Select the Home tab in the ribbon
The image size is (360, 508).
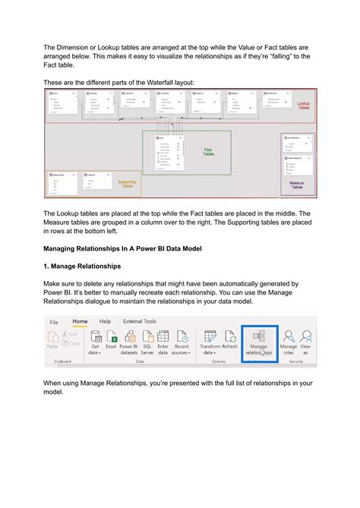(x=80, y=321)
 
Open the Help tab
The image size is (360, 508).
(x=105, y=321)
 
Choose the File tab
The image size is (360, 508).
(x=54, y=321)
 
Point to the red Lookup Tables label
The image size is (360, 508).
(x=302, y=106)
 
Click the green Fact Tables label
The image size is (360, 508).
(x=208, y=153)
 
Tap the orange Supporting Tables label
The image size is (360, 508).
(x=127, y=184)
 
